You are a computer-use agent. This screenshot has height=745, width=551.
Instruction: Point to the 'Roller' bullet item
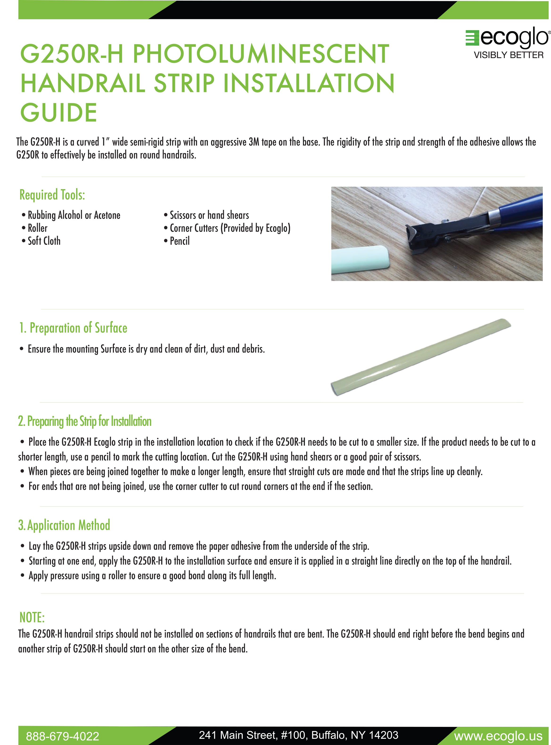(37, 228)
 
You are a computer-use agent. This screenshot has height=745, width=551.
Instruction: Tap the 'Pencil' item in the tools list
(179, 241)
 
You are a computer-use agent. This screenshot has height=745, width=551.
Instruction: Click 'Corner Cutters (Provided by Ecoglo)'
(230, 228)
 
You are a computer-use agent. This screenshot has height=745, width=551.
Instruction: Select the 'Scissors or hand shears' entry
(209, 215)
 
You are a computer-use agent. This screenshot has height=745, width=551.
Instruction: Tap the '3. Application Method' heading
(64, 525)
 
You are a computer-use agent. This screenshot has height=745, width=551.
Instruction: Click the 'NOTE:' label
(32, 618)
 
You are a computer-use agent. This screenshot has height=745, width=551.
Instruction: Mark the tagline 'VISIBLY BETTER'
(509, 55)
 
